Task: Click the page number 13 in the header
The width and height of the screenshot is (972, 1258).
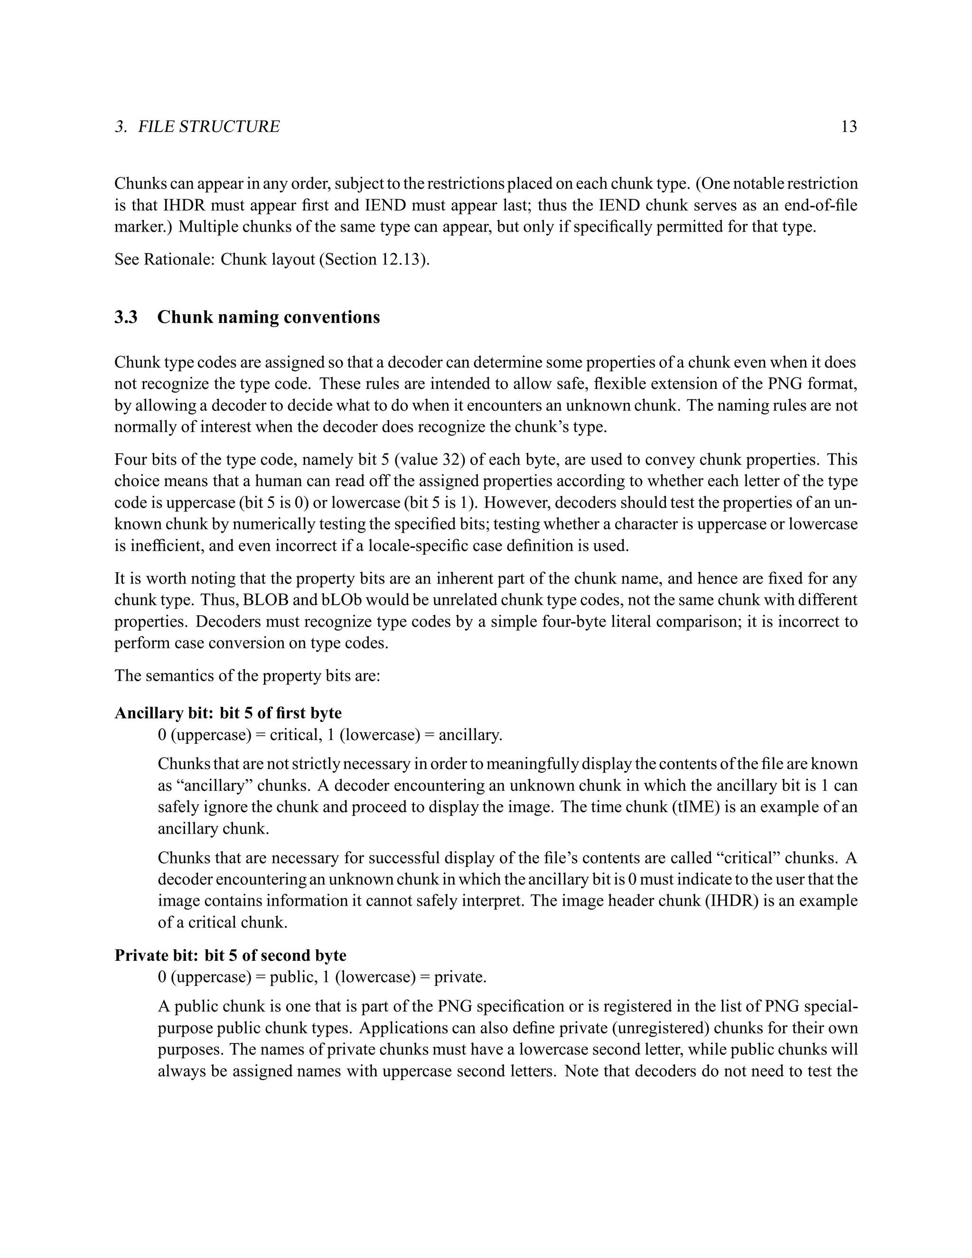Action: click(x=849, y=126)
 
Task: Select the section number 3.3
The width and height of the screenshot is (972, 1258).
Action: click(x=126, y=317)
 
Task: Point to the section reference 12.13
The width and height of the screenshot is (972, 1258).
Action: click(x=402, y=259)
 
